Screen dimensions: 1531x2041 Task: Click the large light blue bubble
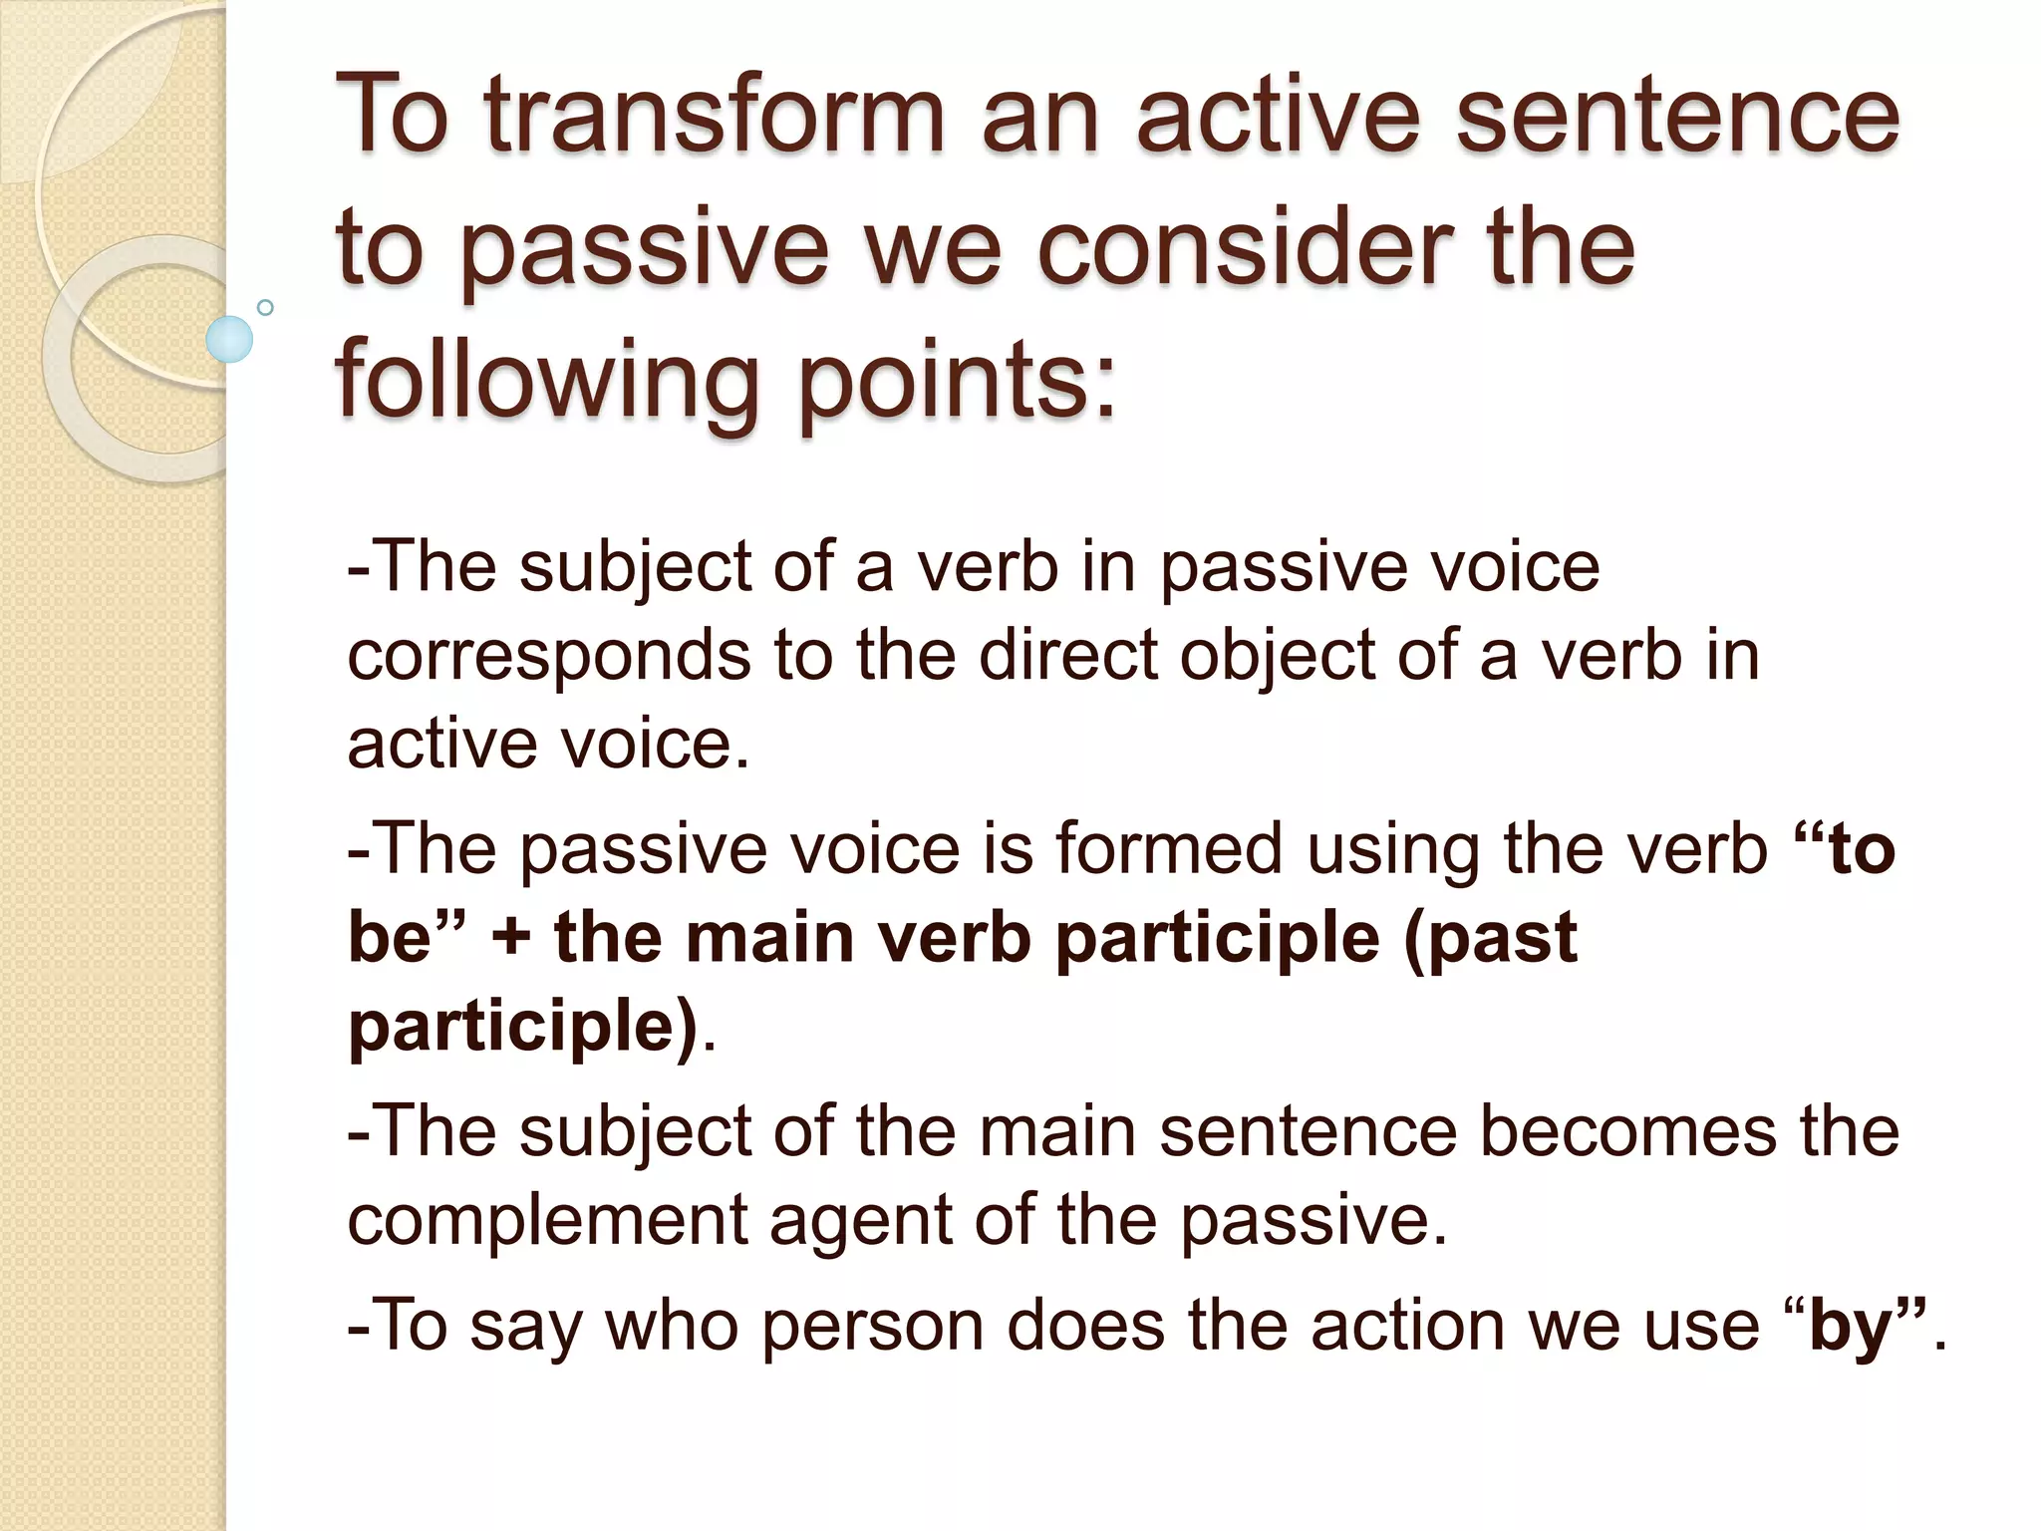[x=229, y=339]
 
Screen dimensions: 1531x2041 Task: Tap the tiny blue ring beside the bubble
[x=265, y=307]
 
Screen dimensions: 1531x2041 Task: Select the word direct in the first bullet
[x=1069, y=655]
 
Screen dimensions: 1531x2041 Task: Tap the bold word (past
[x=1491, y=940]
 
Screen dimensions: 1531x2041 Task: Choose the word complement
[x=547, y=1221]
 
